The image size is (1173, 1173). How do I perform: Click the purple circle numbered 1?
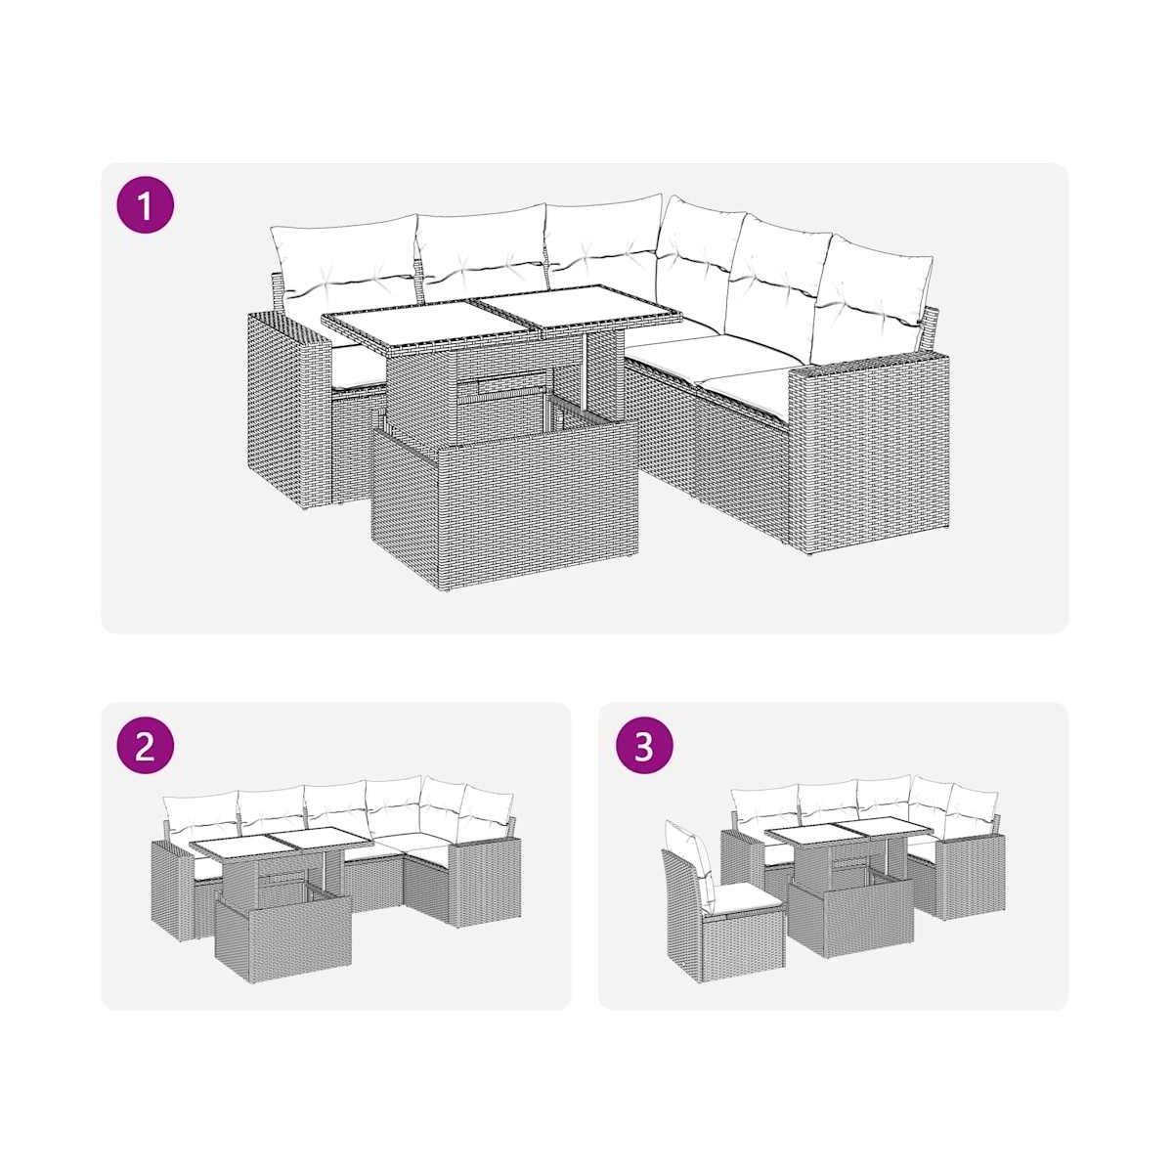click(x=145, y=205)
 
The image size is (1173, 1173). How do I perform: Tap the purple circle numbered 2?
click(x=145, y=747)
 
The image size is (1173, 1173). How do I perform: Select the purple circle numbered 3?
click(x=644, y=747)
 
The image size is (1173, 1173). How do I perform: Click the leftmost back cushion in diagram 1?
click(x=345, y=265)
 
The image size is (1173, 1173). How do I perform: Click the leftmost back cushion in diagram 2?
click(x=202, y=809)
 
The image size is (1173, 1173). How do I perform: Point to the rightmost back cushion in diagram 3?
click(x=973, y=809)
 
